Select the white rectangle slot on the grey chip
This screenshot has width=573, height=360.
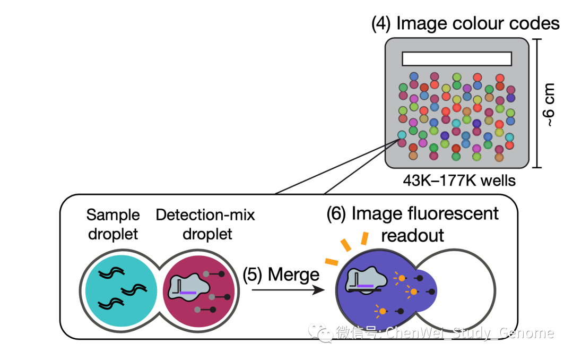coord(456,58)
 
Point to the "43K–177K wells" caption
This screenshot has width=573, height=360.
coord(459,181)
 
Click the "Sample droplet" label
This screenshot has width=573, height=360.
coord(113,225)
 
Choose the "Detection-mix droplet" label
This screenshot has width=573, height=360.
coord(205,225)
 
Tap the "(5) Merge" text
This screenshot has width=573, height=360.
coord(281,275)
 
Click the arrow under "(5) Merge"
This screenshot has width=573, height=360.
coord(287,290)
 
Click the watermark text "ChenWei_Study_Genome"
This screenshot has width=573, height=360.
coord(470,333)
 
